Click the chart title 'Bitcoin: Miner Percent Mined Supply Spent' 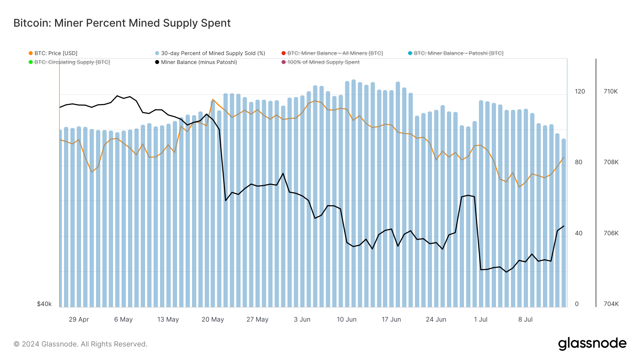(122, 23)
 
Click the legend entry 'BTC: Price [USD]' (55, 53)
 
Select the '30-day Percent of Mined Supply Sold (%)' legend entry (213, 53)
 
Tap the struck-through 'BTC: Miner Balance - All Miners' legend (335, 53)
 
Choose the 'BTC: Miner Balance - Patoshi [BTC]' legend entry (458, 53)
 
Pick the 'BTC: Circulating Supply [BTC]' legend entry (72, 62)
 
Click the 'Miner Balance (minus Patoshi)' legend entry (198, 62)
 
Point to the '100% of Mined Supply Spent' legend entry (323, 62)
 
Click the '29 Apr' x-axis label (79, 319)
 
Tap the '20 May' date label (213, 319)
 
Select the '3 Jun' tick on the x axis (302, 319)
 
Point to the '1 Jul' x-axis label (480, 319)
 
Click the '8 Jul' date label (525, 319)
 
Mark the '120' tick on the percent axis (580, 91)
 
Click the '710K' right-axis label (610, 91)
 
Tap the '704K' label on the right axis (611, 304)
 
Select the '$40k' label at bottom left (44, 304)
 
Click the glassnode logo (592, 344)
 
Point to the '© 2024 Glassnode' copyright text (80, 344)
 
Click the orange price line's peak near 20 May (213, 100)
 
